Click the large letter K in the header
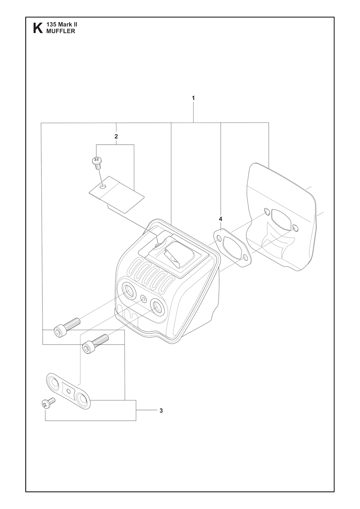coord(38,28)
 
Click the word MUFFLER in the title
coord(60,31)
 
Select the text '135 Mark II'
coord(62,25)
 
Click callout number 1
coord(193,98)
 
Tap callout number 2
coord(116,136)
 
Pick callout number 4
coord(220,219)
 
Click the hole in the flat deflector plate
coord(103,187)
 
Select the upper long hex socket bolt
coord(67,326)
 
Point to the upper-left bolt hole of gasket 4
coord(219,238)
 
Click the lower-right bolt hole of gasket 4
coord(245,258)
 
